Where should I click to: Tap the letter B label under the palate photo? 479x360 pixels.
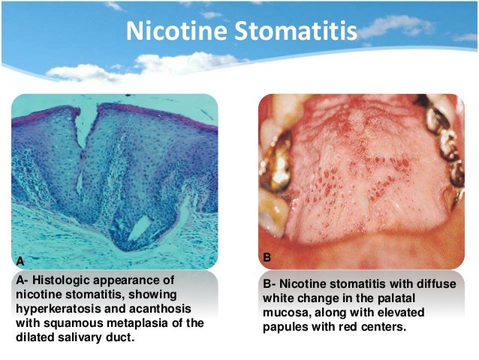coord(268,257)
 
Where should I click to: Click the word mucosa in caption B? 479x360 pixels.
coord(288,313)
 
